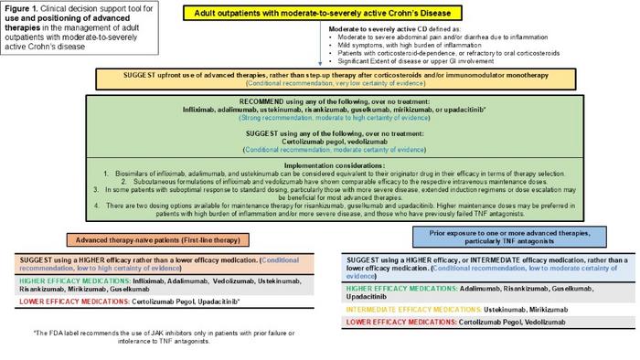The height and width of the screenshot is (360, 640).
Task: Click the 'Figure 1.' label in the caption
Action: (x=25, y=8)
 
